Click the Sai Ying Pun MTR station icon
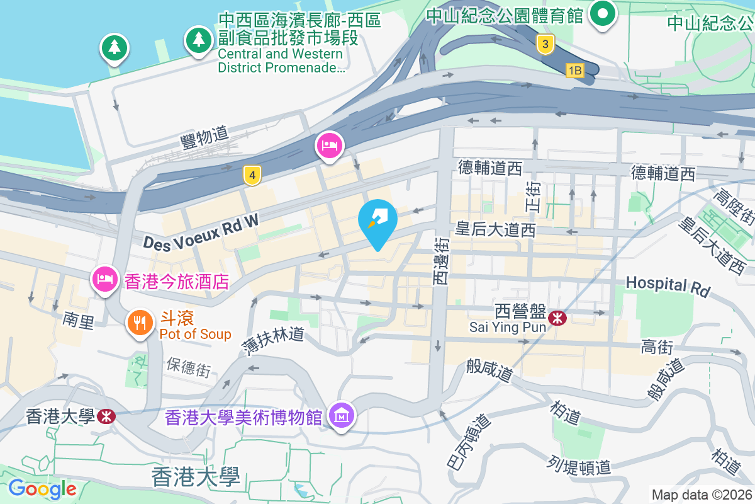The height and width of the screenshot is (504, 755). pyautogui.click(x=557, y=318)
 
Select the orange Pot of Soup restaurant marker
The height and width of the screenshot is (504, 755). pyautogui.click(x=140, y=323)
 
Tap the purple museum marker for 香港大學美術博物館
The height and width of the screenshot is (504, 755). pyautogui.click(x=342, y=415)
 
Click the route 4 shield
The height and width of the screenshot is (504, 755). pyautogui.click(x=252, y=176)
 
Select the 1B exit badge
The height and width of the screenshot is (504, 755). pyautogui.click(x=574, y=71)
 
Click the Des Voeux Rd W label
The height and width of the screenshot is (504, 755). pyautogui.click(x=201, y=232)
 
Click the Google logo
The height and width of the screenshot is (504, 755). pyautogui.click(x=42, y=488)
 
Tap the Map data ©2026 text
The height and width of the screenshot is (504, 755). pyautogui.click(x=702, y=495)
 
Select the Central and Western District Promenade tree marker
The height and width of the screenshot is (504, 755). pyautogui.click(x=199, y=40)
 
